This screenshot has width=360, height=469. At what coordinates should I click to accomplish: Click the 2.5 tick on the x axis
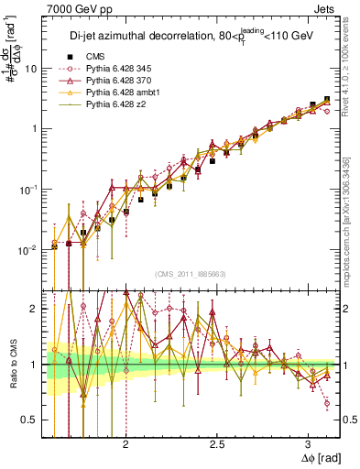218,444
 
